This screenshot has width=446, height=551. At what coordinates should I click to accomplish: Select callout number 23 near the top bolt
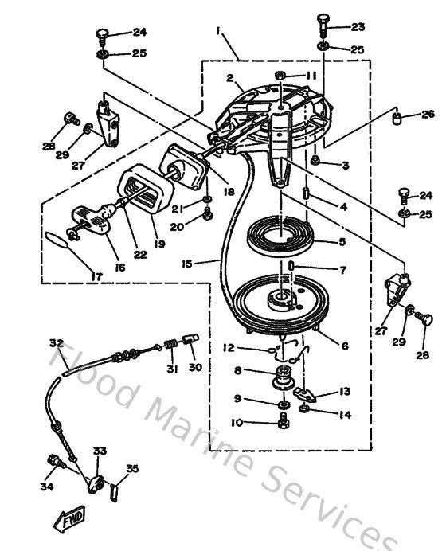pos(357,26)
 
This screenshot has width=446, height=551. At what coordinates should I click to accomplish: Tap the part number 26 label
pos(428,114)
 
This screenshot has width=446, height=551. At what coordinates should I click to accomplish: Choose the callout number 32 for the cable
pos(56,343)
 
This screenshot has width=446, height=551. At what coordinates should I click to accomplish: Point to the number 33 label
pos(100,451)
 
